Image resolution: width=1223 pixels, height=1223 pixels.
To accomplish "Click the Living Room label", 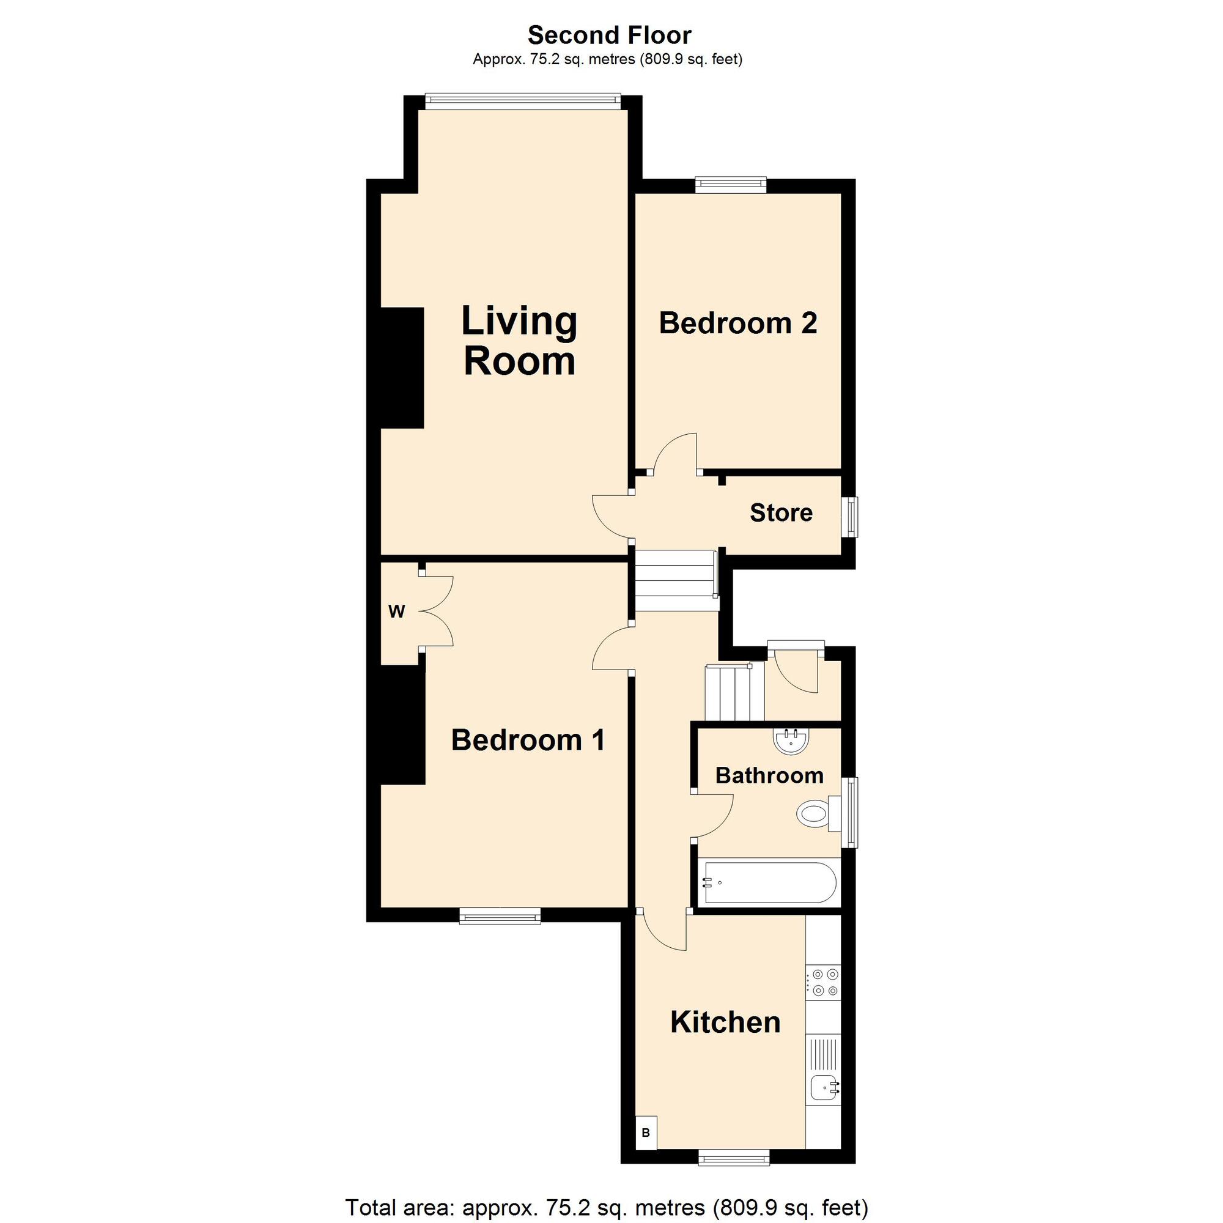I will (x=519, y=341).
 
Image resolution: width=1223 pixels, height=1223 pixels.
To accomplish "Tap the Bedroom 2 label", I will (x=738, y=323).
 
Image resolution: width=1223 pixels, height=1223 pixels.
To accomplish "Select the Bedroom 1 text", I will (x=528, y=740).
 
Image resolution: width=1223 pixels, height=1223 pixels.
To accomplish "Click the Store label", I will (x=780, y=513).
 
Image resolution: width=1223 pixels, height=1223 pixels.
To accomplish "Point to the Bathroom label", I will (x=769, y=775).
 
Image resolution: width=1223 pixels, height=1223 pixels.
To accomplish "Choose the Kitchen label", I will (x=725, y=1022).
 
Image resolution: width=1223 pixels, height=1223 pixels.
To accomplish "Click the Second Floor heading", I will (x=609, y=35).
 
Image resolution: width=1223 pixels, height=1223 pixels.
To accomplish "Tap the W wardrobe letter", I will (x=396, y=611).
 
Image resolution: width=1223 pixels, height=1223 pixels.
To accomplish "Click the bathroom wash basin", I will (x=791, y=740).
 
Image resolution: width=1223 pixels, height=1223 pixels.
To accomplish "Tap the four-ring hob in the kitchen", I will (x=823, y=983).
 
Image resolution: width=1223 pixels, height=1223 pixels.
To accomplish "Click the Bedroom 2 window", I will (x=731, y=184).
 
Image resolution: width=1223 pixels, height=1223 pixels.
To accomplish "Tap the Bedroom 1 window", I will (x=500, y=916).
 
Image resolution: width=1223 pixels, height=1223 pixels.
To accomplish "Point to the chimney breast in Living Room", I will (x=401, y=368).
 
